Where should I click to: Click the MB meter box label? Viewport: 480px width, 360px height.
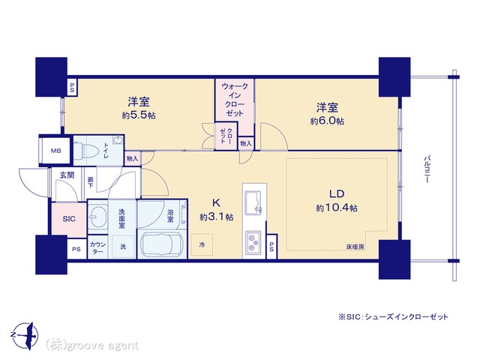click(x=55, y=151)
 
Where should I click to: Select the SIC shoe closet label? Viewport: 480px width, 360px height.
click(x=69, y=219)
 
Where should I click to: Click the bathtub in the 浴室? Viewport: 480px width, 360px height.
click(x=161, y=244)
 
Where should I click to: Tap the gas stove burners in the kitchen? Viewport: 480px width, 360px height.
click(x=253, y=241)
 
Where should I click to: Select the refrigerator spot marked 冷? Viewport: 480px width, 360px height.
click(x=202, y=244)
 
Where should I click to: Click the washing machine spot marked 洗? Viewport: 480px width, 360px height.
click(x=123, y=247)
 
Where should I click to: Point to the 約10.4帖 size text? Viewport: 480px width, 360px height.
click(x=337, y=208)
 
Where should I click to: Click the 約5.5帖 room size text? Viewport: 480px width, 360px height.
click(x=139, y=115)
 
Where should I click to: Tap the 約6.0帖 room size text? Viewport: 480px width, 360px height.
click(x=327, y=121)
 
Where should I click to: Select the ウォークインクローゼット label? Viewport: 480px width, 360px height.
click(x=235, y=100)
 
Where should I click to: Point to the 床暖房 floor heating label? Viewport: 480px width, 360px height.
click(x=355, y=247)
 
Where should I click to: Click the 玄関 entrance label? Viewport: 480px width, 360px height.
click(x=67, y=175)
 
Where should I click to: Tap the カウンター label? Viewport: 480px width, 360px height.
click(x=97, y=247)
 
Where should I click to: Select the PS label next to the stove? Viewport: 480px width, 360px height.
click(x=271, y=247)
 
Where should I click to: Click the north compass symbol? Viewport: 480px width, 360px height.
click(x=26, y=335)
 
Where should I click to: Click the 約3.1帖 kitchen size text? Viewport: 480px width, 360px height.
click(x=217, y=217)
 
